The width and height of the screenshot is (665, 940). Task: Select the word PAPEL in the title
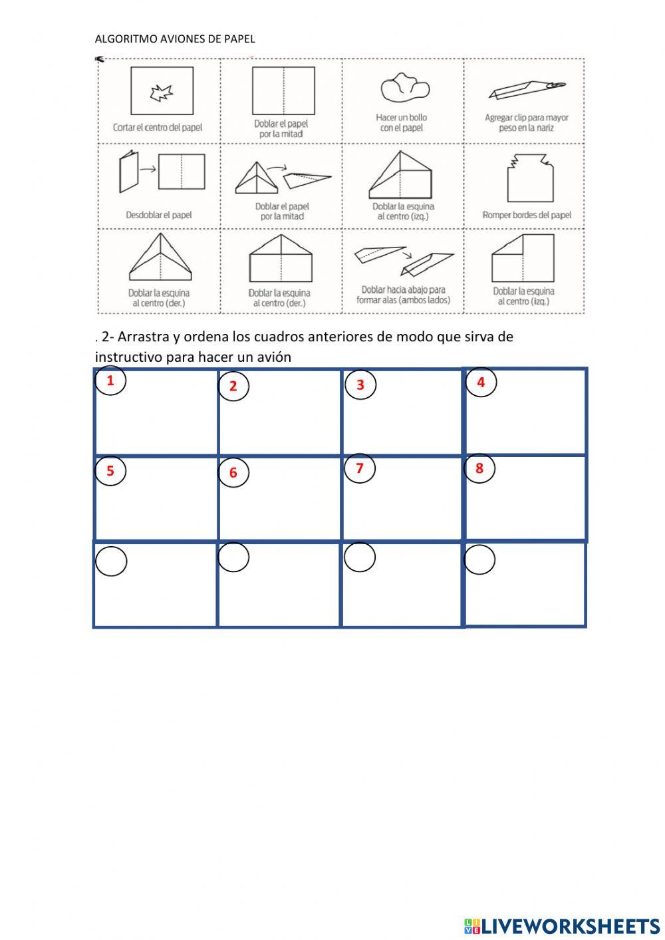point(239,39)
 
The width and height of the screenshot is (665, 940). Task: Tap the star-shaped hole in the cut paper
point(161,93)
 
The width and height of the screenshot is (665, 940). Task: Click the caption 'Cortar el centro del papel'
point(158,127)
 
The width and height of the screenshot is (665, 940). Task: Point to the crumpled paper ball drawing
point(404,87)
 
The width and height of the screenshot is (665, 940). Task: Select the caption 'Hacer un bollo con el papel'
point(402,122)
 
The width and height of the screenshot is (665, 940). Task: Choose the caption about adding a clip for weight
point(526,122)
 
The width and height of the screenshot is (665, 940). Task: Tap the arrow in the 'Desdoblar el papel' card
point(148,169)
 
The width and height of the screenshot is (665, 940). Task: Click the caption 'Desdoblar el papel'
point(159,215)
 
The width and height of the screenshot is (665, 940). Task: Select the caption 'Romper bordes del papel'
point(527,215)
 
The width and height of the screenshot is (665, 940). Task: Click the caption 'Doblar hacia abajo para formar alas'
point(403,295)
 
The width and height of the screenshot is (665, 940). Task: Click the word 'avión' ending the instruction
point(273,357)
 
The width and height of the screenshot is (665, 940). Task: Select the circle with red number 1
point(110,381)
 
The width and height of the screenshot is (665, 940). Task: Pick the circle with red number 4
point(481,383)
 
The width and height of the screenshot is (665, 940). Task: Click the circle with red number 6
point(233,472)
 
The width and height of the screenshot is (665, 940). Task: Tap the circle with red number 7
point(360,468)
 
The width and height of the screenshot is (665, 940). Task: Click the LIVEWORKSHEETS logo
point(562,925)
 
